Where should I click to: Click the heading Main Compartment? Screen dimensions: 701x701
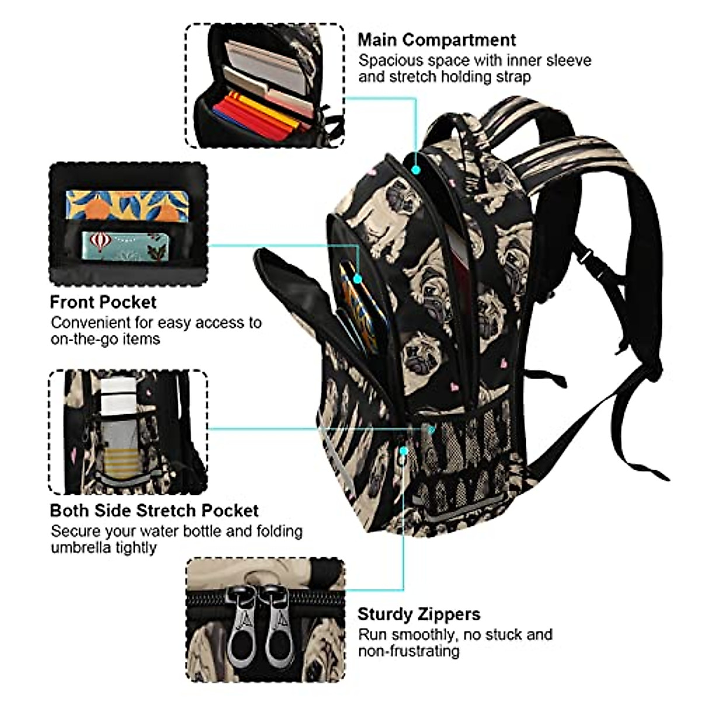click(x=436, y=40)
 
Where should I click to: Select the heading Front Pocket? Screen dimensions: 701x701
click(x=103, y=302)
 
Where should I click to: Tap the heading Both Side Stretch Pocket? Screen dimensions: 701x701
click(x=154, y=510)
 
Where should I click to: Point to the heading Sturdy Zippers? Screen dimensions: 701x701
click(x=419, y=614)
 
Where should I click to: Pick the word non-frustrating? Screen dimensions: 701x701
click(x=409, y=650)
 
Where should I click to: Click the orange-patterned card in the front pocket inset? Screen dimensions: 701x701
click(x=126, y=204)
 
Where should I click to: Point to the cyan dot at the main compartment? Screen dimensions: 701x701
click(x=416, y=169)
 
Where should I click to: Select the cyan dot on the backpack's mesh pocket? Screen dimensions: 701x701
click(x=404, y=451)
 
